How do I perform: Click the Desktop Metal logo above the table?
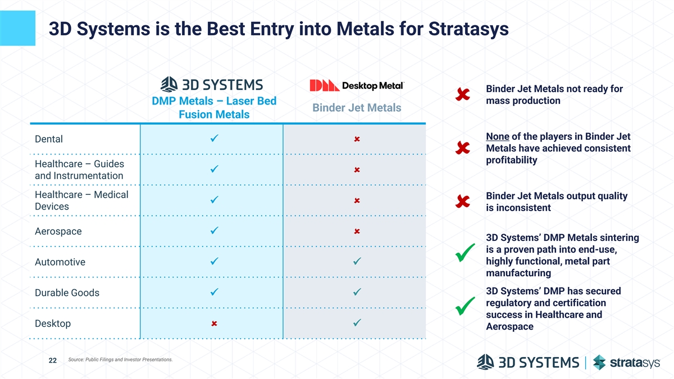click(x=357, y=85)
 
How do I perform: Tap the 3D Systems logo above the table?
click(x=212, y=85)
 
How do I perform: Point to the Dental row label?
click(x=49, y=139)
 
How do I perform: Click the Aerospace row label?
click(x=58, y=231)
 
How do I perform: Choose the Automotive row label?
click(x=60, y=262)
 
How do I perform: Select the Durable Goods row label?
click(x=67, y=293)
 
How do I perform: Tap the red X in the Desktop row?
click(x=214, y=324)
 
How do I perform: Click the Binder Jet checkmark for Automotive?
click(x=357, y=262)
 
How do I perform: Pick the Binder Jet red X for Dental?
click(x=357, y=139)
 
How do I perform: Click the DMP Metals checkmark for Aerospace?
click(x=214, y=231)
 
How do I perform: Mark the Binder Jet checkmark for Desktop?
click(x=357, y=323)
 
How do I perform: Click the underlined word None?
click(x=498, y=137)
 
